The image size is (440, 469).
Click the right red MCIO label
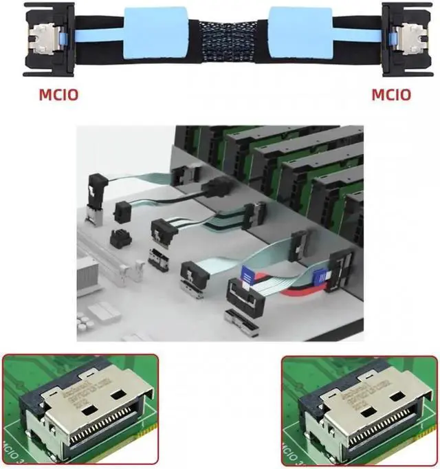[x=391, y=94]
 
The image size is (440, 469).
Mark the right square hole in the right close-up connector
[x=388, y=397]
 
